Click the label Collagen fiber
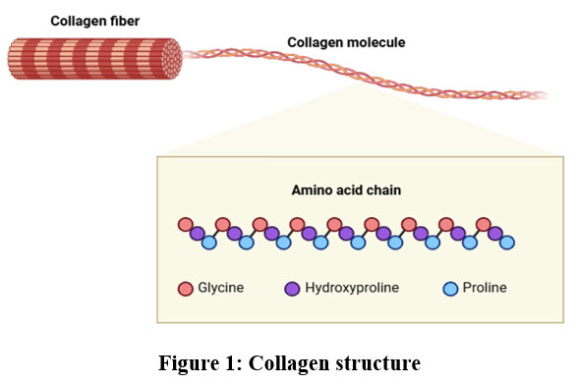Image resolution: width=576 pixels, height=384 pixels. (x=94, y=22)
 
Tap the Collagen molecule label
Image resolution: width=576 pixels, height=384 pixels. (x=346, y=42)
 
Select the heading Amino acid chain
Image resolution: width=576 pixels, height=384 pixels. (x=346, y=191)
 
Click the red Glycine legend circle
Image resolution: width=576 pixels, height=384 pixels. (x=186, y=289)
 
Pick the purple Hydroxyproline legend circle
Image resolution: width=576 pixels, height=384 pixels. (x=292, y=289)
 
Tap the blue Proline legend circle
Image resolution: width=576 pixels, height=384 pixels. (x=450, y=289)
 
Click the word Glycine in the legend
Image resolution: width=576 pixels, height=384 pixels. (x=221, y=288)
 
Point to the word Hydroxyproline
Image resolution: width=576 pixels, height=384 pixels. (x=352, y=288)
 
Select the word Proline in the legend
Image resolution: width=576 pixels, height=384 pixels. (x=485, y=288)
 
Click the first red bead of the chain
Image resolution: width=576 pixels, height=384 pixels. (x=186, y=224)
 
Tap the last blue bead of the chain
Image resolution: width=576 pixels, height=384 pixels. (x=507, y=243)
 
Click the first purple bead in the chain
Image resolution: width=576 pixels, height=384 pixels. (x=198, y=233)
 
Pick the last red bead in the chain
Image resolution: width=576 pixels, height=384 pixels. (x=484, y=224)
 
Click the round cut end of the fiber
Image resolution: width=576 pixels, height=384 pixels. (x=172, y=59)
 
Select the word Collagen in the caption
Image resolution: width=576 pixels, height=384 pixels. (x=289, y=363)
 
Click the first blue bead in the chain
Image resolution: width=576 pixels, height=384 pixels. (x=209, y=243)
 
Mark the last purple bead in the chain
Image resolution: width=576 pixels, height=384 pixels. (x=495, y=233)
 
